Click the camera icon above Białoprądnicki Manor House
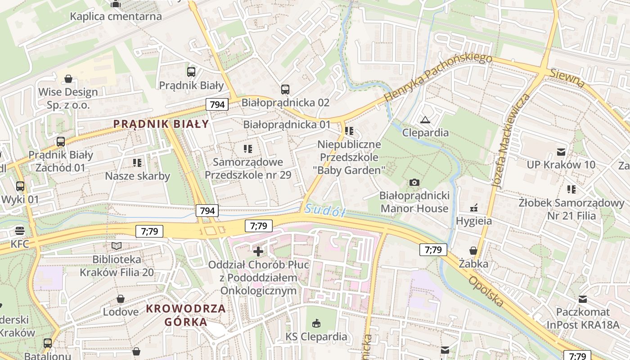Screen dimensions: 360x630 [x=414, y=182]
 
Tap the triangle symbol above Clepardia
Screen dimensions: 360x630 [x=425, y=120]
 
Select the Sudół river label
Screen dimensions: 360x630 [x=324, y=210]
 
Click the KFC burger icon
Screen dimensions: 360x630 [x=20, y=231]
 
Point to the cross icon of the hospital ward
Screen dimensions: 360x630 [x=258, y=251]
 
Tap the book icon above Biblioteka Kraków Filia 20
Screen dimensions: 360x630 [x=117, y=246]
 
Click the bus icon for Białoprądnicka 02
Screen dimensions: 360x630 [x=285, y=89]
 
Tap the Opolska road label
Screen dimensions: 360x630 [x=486, y=291]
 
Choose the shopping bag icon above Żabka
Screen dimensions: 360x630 [x=473, y=250]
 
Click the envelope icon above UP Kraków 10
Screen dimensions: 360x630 [x=561, y=152]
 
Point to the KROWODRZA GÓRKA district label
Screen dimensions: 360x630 [x=186, y=315]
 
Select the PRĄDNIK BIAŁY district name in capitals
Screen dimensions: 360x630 [x=161, y=124]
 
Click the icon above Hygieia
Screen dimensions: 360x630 [x=473, y=208]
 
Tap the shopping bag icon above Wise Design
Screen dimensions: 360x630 [x=68, y=79]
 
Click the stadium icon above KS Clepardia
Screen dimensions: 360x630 [x=316, y=323]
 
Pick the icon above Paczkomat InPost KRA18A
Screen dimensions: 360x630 [x=583, y=299]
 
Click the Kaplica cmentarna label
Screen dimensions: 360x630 [x=116, y=17]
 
